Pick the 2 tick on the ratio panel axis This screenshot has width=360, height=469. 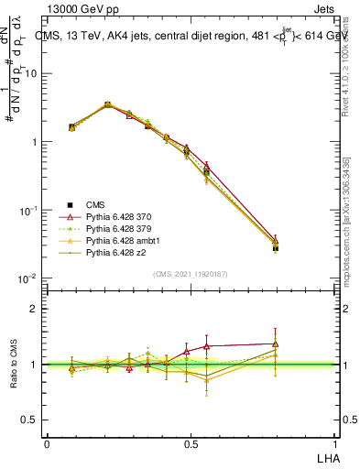(x=37, y=309)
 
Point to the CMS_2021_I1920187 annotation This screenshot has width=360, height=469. (x=191, y=275)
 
